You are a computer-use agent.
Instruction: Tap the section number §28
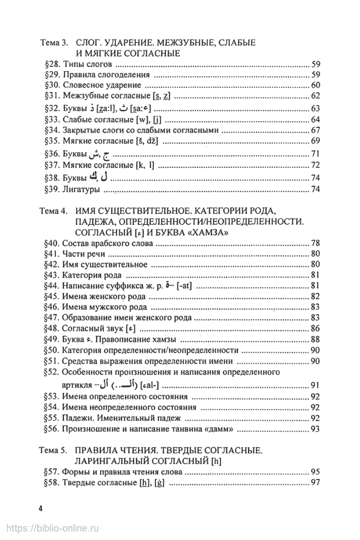[x=52, y=64]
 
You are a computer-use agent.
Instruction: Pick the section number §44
[x=52, y=286]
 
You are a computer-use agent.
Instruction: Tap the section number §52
[x=52, y=372]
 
